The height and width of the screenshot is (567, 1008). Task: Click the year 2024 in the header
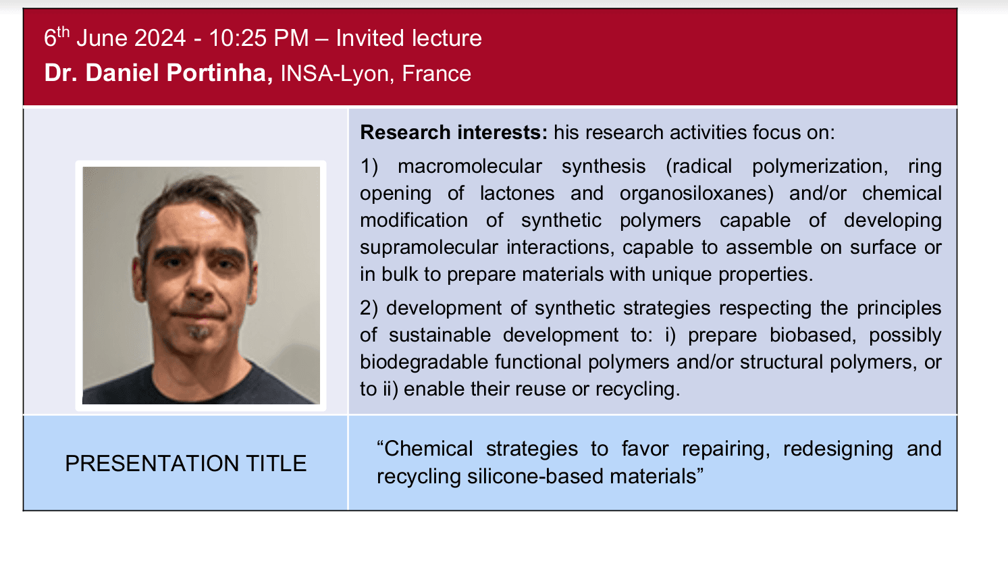(160, 38)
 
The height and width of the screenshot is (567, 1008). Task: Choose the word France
(437, 73)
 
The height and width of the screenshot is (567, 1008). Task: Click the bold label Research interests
(454, 132)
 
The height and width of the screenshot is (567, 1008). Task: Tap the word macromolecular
(470, 167)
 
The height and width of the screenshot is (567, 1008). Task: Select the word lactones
(517, 194)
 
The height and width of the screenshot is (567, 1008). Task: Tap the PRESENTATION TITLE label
(186, 464)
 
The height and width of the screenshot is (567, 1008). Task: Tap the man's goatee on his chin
(198, 332)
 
